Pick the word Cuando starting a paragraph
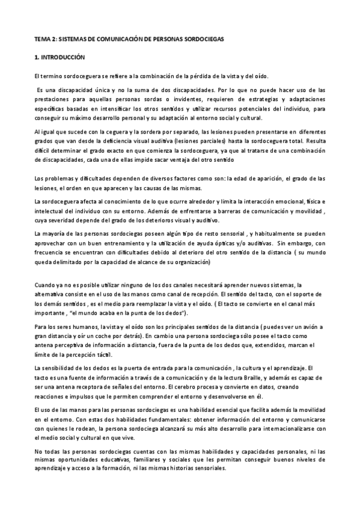click(46, 284)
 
